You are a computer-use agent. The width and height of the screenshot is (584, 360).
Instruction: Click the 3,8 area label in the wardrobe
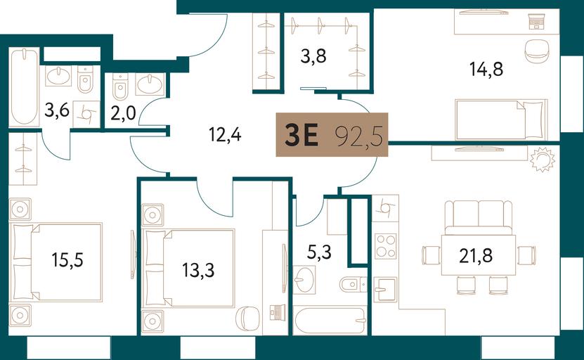pos(313,56)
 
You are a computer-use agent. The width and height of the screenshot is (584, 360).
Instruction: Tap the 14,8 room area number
pos(486,70)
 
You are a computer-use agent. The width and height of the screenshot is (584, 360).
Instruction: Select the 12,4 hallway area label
pos(225,134)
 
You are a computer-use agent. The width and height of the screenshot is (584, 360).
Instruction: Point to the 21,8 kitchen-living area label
pos(476,256)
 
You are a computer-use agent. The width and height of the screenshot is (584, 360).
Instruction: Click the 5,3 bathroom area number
pos(320,252)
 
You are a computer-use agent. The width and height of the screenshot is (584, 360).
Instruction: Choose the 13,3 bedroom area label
pos(198,270)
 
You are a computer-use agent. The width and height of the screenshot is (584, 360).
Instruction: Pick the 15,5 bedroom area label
pos(67,259)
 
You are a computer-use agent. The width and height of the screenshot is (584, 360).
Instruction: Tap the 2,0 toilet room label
pos(123,113)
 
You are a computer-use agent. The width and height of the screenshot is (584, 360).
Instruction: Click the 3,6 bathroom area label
pos(57,110)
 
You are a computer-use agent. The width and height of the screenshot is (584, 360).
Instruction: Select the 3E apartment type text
pos(301,135)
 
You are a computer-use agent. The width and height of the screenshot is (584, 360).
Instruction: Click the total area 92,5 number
pos(359,136)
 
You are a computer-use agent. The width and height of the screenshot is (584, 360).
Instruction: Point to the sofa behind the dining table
pos(479,218)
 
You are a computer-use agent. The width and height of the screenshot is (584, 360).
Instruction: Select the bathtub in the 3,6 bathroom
pos(24,86)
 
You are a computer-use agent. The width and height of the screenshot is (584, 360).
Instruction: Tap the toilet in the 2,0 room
pos(120,86)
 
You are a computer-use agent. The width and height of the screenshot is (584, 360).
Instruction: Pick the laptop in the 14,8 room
pos(536,21)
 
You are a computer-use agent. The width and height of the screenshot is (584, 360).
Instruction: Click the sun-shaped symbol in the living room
pos(543,160)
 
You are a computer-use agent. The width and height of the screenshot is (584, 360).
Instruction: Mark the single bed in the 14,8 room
pos(501,120)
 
